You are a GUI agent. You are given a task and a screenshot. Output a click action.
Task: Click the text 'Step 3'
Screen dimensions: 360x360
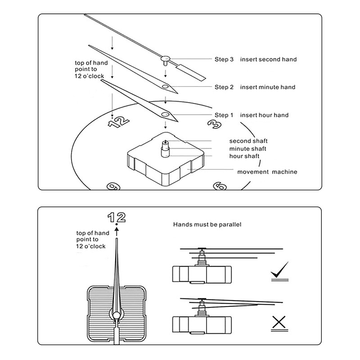tap(224, 59)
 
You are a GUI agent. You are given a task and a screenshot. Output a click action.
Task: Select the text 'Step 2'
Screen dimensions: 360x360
tap(224, 87)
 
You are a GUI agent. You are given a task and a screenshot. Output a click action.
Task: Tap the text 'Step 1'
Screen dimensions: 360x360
tap(224, 115)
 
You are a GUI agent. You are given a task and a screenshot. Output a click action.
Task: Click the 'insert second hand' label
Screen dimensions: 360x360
tap(268, 59)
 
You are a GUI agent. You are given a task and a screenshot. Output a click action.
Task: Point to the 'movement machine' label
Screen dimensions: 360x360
tap(267, 172)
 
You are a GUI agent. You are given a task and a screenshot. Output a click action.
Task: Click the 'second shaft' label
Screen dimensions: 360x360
tap(248, 141)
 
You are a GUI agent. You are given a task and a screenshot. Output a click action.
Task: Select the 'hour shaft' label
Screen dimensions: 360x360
tap(244, 156)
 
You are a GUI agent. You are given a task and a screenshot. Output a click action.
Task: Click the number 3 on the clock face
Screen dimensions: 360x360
tap(215, 124)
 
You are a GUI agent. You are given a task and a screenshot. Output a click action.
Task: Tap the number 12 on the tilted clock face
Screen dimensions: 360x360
tap(119, 121)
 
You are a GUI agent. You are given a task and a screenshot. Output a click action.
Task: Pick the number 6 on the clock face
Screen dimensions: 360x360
tap(220, 186)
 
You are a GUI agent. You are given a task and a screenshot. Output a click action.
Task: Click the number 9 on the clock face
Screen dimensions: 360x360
tap(113, 186)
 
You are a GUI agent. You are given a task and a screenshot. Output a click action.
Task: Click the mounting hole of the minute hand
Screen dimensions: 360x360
tap(165, 86)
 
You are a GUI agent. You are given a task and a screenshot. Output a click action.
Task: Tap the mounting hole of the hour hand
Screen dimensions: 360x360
tap(165, 114)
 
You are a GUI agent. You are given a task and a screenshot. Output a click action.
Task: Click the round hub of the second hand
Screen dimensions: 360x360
tap(165, 59)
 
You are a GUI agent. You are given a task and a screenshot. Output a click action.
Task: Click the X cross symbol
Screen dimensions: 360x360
tap(279, 322)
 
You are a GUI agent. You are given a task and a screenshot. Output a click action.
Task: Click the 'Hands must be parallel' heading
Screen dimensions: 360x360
tap(207, 224)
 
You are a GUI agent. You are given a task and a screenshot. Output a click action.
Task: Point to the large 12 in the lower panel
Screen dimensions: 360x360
tap(117, 217)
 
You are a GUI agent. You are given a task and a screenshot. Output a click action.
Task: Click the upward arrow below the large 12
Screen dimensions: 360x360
tap(117, 231)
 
